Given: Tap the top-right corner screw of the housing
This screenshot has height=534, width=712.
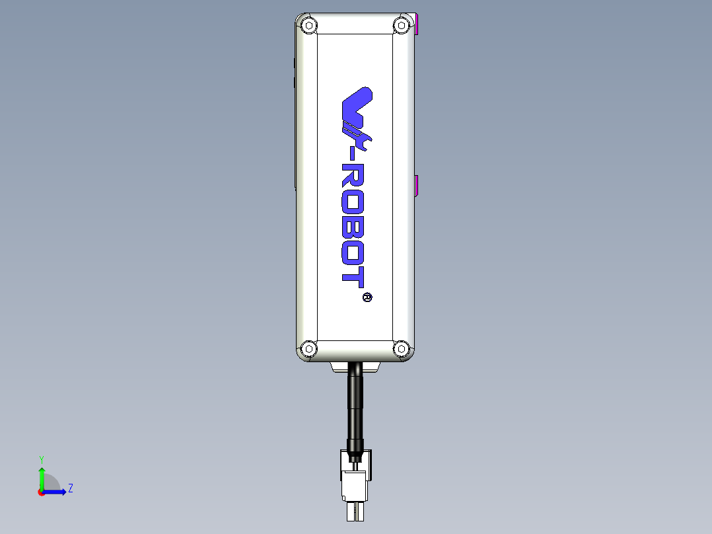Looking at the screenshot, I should tap(400, 26).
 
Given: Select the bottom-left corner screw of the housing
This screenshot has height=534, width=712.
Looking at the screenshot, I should tap(307, 348).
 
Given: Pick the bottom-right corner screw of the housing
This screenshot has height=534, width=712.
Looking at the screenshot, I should tap(400, 348).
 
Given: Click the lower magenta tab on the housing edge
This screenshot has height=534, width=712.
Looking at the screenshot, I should tap(417, 186).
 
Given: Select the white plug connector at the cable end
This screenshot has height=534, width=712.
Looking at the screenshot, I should tap(355, 486).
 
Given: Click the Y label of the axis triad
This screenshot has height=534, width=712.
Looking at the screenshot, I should tap(41, 459).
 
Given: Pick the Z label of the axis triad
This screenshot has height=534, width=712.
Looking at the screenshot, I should tap(70, 488).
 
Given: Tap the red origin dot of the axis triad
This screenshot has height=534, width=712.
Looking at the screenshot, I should tap(42, 492).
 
